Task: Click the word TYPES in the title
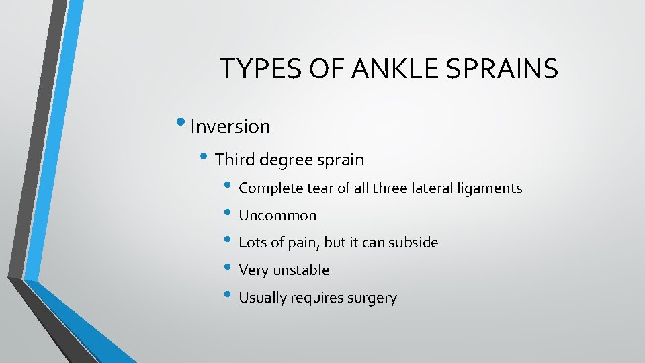253,69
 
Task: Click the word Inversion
230,126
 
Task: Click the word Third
234,160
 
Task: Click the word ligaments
492,189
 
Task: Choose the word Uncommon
277,216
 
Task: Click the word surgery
373,298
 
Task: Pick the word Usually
263,298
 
